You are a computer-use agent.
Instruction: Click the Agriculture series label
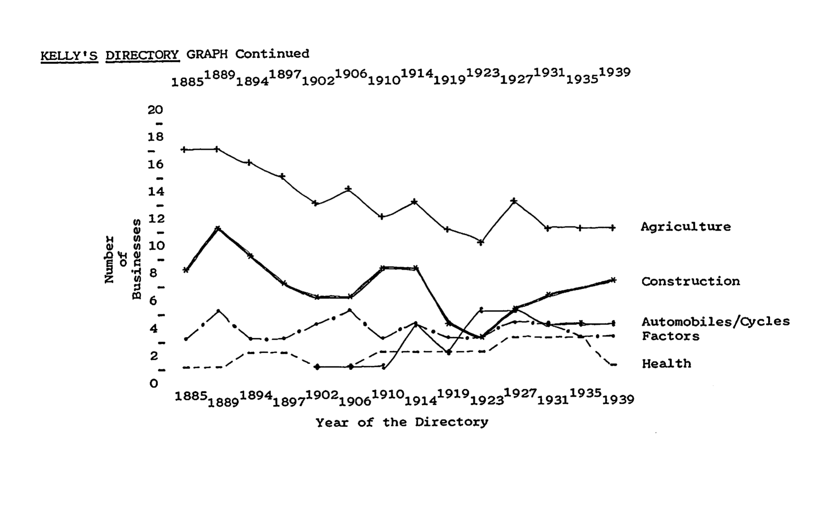[x=686, y=227]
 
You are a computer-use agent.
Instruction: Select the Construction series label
[x=690, y=281]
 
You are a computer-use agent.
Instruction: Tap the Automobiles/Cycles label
[x=716, y=321]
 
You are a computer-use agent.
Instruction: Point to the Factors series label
[x=671, y=336]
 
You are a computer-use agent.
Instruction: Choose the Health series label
[x=666, y=363]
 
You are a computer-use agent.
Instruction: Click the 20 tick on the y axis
[x=155, y=110]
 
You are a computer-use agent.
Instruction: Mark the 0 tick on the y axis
[x=154, y=384]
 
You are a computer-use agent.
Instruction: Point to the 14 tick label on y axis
[x=156, y=192]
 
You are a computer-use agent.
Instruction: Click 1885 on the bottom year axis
[x=191, y=396]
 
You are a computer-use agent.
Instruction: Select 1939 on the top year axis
[x=614, y=72]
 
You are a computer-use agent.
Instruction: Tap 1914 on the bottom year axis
[x=421, y=401]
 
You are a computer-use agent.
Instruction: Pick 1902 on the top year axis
[x=318, y=81]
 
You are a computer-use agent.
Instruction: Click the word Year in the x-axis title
[x=332, y=423]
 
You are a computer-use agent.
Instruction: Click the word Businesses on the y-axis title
[x=136, y=259]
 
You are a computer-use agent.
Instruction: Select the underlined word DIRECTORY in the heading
[x=142, y=55]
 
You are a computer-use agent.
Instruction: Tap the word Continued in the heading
[x=272, y=54]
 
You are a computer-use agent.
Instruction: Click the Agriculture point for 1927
[x=514, y=201]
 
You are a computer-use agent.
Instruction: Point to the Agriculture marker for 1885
[x=184, y=150]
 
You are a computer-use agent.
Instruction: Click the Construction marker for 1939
[x=613, y=280]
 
